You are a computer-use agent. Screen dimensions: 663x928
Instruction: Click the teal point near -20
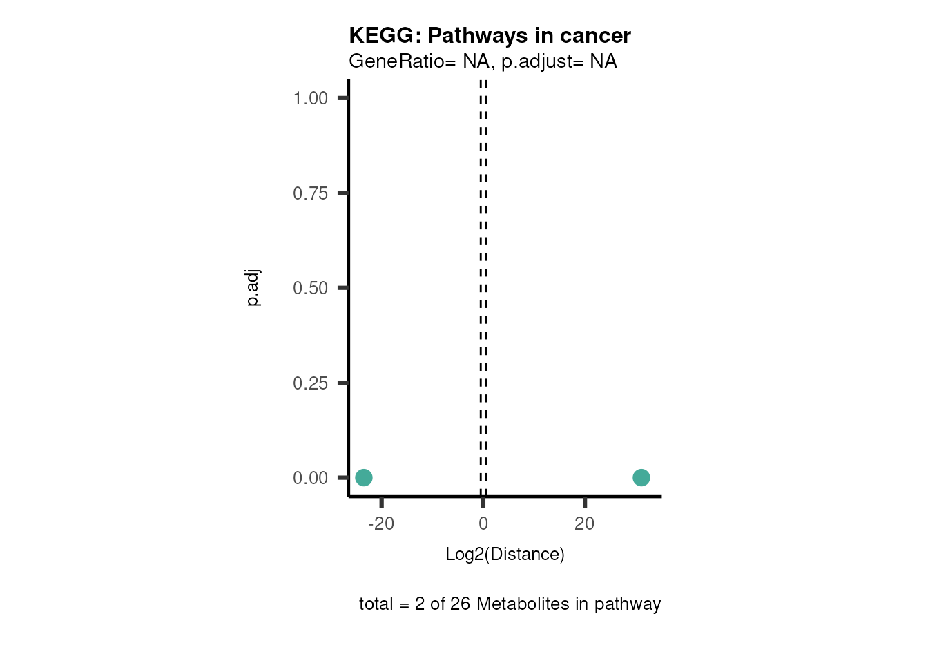click(x=364, y=477)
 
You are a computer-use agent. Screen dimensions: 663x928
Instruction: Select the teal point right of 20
click(x=641, y=477)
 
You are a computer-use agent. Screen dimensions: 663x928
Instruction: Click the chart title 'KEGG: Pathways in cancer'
click(x=490, y=35)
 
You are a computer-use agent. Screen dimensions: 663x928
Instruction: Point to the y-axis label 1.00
click(x=310, y=99)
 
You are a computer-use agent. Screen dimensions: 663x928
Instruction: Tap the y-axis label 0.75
click(x=310, y=193)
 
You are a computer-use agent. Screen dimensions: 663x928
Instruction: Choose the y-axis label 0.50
click(x=310, y=288)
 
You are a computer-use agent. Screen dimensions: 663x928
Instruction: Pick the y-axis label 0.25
click(x=310, y=383)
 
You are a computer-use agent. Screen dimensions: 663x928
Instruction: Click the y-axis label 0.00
click(x=310, y=478)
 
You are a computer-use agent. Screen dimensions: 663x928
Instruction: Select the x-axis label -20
click(x=381, y=523)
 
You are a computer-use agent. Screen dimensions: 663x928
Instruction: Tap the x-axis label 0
click(x=483, y=523)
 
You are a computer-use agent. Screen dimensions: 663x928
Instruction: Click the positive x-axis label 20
click(x=584, y=523)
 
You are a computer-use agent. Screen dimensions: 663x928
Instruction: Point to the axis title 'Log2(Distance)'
click(x=505, y=554)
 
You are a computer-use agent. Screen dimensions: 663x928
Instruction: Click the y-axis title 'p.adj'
click(x=253, y=288)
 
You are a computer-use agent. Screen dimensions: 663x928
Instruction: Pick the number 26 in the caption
click(x=460, y=604)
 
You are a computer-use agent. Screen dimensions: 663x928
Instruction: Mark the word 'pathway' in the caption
click(x=628, y=604)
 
